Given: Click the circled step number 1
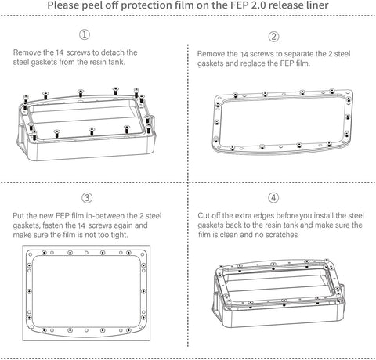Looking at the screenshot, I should click(x=85, y=35).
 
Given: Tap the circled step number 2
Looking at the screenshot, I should click(x=273, y=36).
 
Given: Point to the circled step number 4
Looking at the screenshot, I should click(x=273, y=196).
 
